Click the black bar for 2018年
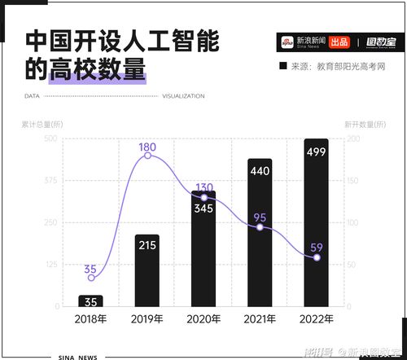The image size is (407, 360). [x=90, y=301]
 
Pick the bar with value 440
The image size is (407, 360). [x=260, y=232]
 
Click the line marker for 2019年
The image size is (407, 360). [x=147, y=155]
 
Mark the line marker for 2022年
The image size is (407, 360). [x=317, y=257]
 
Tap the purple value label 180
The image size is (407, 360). [x=147, y=147]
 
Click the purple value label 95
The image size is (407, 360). [x=260, y=217]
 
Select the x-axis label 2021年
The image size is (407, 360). [x=260, y=318]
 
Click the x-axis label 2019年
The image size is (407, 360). [x=147, y=318]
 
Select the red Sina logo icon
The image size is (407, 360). [x=286, y=42]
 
